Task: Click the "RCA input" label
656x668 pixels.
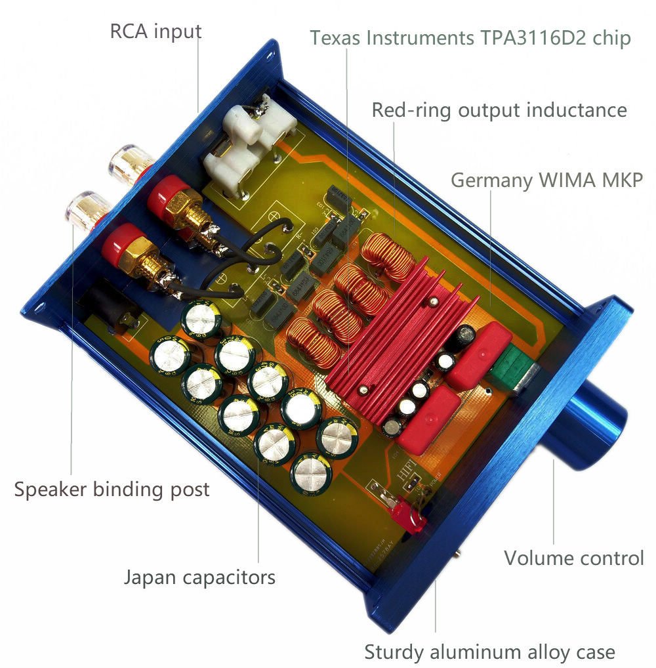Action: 155,31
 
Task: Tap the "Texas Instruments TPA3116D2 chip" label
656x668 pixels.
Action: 470,37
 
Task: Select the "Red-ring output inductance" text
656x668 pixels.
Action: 499,110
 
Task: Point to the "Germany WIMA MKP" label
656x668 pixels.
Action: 546,180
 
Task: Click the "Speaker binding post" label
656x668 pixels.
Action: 112,490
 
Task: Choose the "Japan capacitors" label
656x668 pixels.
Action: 200,577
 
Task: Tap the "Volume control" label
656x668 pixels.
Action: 574,558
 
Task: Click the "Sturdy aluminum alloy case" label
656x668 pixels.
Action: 489,652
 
